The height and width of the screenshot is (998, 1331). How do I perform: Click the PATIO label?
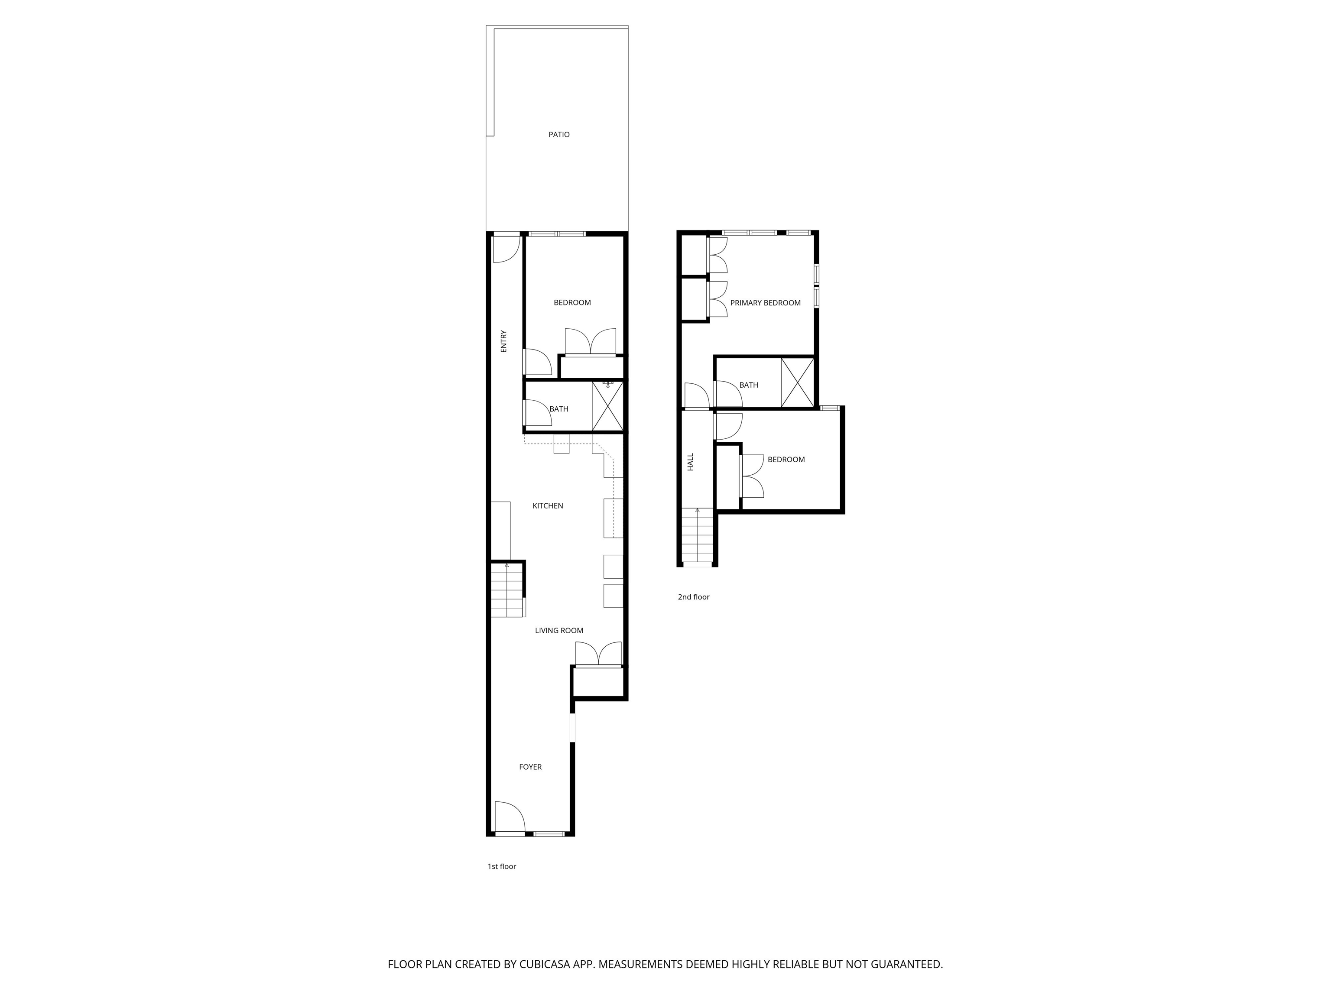[x=558, y=135]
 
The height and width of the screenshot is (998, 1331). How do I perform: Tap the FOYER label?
[x=530, y=767]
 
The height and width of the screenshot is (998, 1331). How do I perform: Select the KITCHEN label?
[x=548, y=506]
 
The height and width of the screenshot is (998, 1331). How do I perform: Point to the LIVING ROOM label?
[x=559, y=630]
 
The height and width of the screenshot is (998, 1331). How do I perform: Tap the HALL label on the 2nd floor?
[x=691, y=462]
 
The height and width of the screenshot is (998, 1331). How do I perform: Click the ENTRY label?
[x=503, y=341]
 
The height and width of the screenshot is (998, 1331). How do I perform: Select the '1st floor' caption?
[x=501, y=866]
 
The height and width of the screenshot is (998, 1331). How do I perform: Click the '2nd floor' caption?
[x=693, y=597]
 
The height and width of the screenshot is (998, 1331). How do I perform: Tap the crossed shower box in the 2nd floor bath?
[x=797, y=382]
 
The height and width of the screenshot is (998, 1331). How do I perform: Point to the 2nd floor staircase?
[x=698, y=535]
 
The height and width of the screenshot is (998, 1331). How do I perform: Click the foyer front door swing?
[x=509, y=817]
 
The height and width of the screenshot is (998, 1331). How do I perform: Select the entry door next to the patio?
[x=506, y=249]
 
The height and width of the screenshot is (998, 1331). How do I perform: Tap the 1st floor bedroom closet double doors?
[x=590, y=342]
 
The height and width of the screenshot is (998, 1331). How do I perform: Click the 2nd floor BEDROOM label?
[x=786, y=460]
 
